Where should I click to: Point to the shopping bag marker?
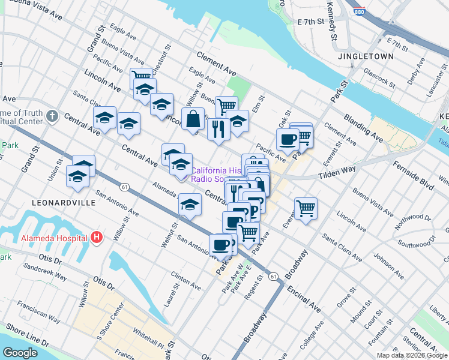coord(194,119)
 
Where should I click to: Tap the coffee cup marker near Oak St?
coord(288,139)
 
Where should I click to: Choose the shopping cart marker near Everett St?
coord(306,209)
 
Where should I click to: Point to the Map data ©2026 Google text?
coord(412,355)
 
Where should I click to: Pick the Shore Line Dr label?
coord(28,335)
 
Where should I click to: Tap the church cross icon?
coord(52,115)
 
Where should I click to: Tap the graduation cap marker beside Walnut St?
coord(190,205)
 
